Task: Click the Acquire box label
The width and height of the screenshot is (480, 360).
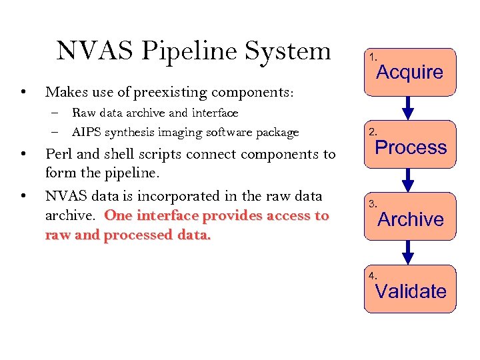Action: pos(410,73)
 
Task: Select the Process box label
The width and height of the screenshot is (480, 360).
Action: pos(411,147)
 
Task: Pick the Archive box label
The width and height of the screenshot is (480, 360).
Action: pos(411,219)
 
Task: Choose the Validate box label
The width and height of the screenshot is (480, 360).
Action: pos(411,291)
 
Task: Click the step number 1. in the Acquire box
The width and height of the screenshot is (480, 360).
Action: pos(373,59)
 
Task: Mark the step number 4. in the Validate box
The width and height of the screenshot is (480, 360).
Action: pos(373,275)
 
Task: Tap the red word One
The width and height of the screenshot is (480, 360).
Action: pos(119,216)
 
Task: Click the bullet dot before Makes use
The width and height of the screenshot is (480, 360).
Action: pos(23,91)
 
